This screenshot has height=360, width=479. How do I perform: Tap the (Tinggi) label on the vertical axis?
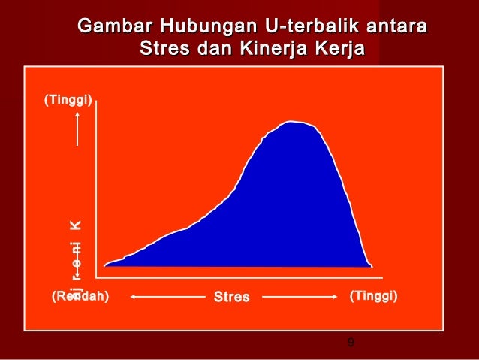click(x=68, y=98)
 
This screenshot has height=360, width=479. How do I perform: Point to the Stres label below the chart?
click(x=231, y=297)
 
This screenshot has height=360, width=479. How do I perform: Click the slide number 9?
click(x=351, y=343)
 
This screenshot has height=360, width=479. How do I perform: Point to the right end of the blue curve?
click(x=371, y=265)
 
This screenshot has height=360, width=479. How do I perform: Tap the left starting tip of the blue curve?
click(x=105, y=265)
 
